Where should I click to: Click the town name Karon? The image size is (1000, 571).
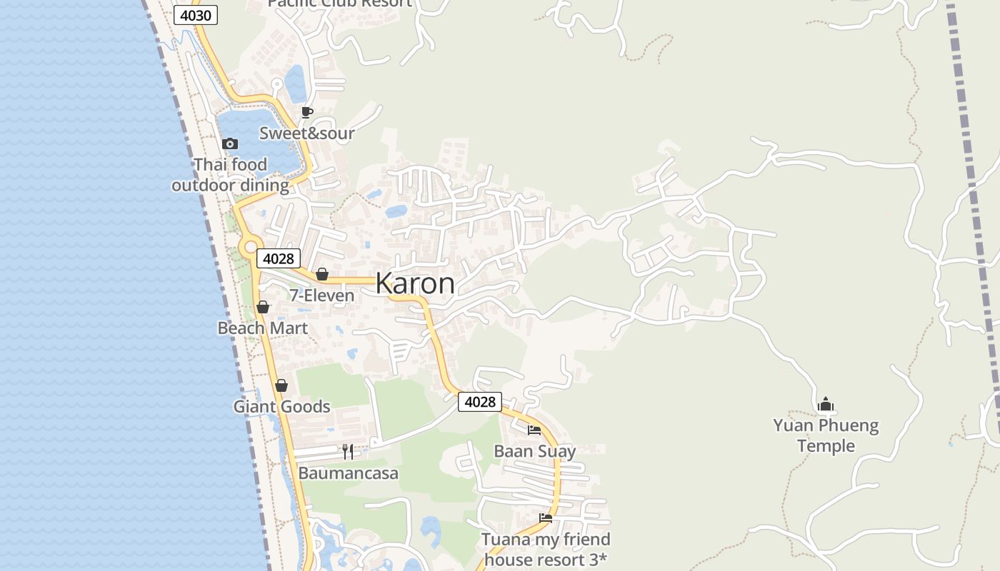coord(415,283)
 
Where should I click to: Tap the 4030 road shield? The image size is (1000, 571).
coord(195,15)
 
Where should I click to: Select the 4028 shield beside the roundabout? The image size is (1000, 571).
coord(278,258)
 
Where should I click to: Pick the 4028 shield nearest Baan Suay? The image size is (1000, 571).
coord(479,402)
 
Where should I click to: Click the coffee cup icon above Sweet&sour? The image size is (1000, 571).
coord(307,112)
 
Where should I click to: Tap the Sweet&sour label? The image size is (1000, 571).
coord(306,133)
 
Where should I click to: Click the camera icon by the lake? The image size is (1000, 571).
coord(230,143)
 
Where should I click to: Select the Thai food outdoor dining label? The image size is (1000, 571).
coord(230,175)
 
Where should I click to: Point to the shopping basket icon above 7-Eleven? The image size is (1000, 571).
coord(322,274)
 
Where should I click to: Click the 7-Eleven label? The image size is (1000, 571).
coord(321,295)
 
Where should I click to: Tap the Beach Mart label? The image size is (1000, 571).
coord(263,328)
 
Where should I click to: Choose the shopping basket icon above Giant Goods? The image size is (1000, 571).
coord(281,385)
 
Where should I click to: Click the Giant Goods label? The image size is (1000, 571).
coord(281,407)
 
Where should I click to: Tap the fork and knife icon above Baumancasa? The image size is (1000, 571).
coord(348,451)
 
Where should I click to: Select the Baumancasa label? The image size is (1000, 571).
coord(348,473)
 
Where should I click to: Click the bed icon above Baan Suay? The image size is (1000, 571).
coord(534,430)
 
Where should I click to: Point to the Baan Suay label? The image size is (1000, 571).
coord(534,451)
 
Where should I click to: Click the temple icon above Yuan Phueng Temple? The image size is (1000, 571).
coord(826,405)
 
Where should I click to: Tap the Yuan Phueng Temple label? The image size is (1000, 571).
coord(826,435)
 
